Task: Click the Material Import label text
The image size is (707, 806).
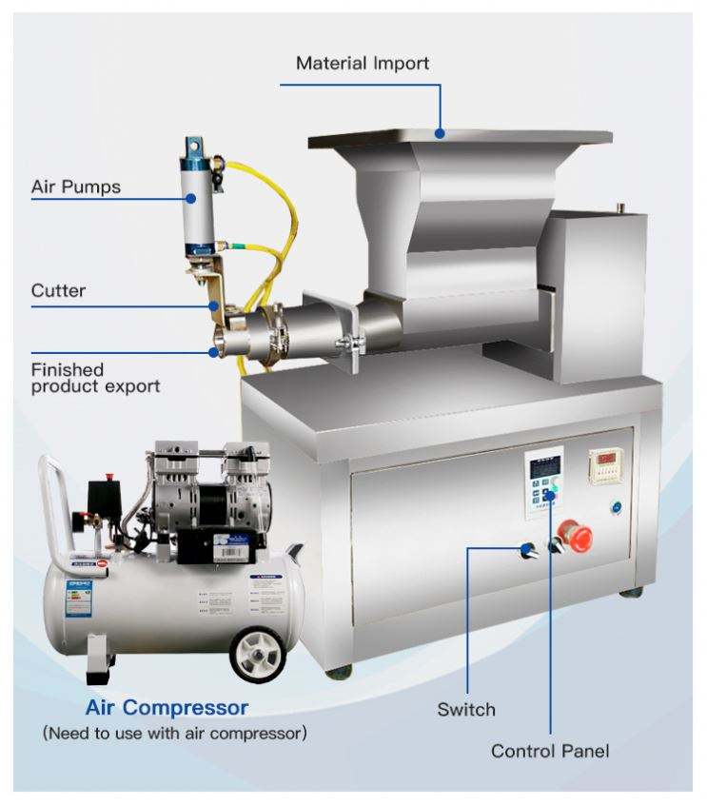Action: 362,64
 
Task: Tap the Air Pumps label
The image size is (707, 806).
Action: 76,187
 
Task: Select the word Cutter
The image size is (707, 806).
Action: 60,289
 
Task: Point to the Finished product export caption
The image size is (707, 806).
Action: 94,377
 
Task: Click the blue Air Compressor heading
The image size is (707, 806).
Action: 167,708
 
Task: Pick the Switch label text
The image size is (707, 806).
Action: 466,709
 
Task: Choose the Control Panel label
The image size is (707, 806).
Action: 549,751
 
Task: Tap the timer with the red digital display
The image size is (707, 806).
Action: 604,464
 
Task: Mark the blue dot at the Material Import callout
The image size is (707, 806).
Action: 441,133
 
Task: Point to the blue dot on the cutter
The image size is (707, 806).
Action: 216,306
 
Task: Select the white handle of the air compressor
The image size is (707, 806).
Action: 53,504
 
